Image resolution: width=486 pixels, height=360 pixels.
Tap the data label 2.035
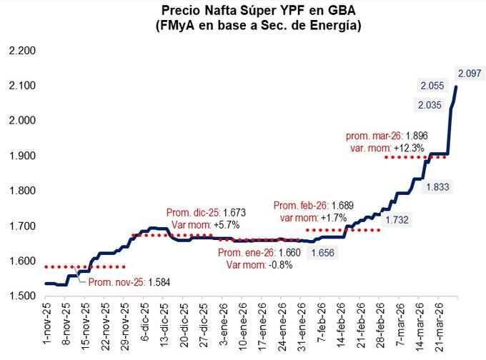[x=432, y=105]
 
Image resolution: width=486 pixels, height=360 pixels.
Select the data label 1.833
[x=438, y=186]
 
